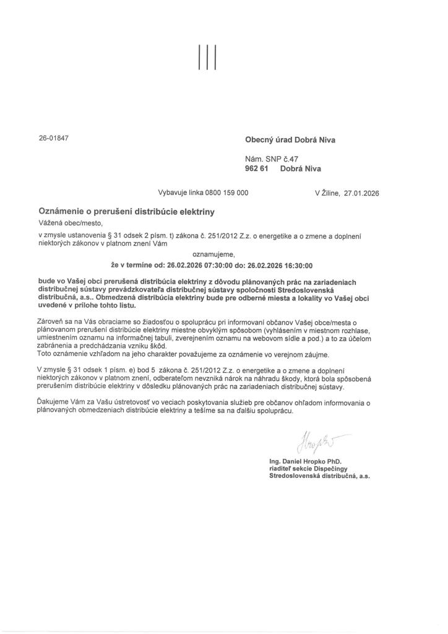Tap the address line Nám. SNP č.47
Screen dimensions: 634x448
(272, 159)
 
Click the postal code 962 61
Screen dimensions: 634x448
(255, 168)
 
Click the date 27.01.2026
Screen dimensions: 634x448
(360, 193)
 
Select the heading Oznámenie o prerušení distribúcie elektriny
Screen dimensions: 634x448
(126, 212)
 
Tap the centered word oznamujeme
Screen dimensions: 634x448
(214, 253)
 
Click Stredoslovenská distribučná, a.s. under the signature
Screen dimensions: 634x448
(316, 477)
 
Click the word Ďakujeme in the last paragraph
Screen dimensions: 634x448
(53, 403)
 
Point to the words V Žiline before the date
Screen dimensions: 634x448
(327, 193)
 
